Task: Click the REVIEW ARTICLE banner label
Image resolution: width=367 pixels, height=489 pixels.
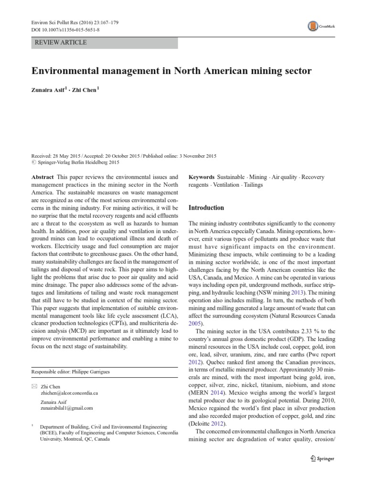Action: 59,43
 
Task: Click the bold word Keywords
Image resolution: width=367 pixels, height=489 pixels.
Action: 202,177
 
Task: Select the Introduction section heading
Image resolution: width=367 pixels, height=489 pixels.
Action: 206,208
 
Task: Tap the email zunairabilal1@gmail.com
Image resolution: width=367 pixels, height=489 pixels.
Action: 67,408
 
